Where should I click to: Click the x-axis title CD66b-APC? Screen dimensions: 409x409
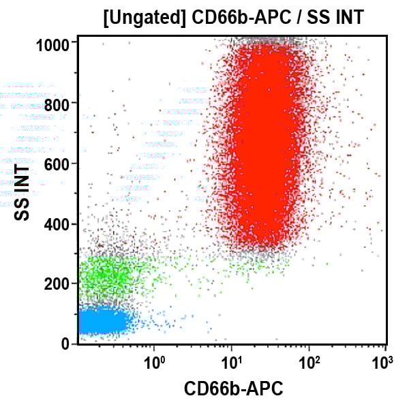coord(233,389)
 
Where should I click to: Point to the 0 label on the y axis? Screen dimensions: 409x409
coord(66,344)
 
